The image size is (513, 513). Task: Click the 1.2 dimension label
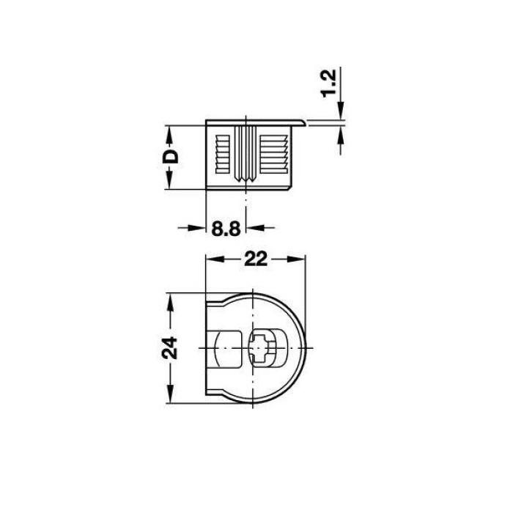pos(328,84)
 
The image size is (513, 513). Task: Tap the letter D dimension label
pos(171,157)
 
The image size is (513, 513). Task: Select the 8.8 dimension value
pos(226,229)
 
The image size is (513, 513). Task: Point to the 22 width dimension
pos(256,259)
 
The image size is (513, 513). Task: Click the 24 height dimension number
pos(171,348)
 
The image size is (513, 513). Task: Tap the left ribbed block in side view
pos(223,154)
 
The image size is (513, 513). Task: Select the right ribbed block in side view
pos(273,154)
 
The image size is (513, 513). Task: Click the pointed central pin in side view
pos(246,154)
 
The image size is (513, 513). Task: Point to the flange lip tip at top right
pos(306,122)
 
